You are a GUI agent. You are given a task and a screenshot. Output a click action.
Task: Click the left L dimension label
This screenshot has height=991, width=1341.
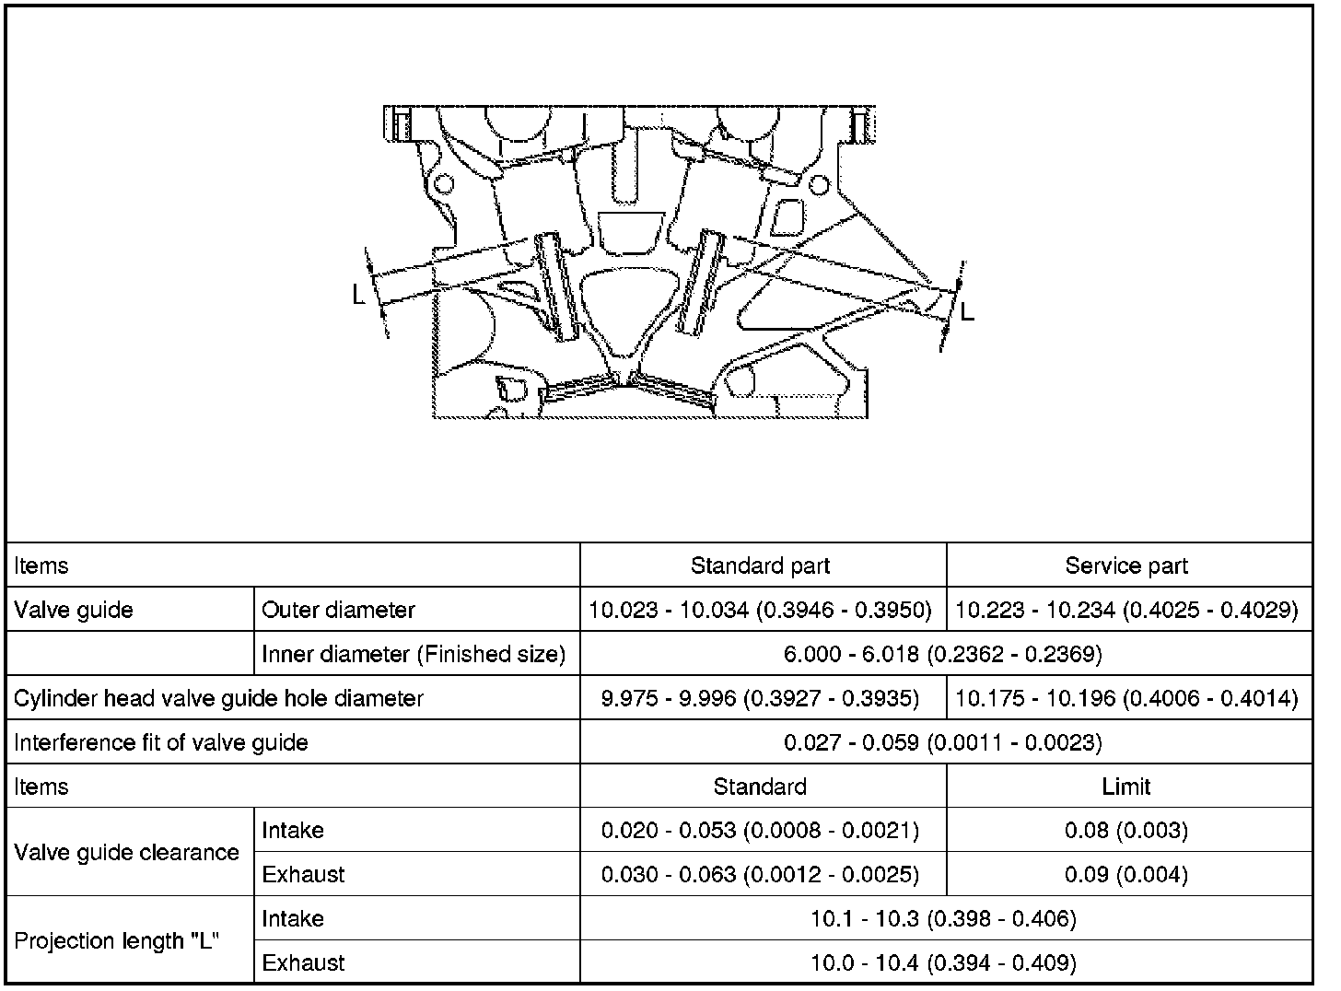[359, 295]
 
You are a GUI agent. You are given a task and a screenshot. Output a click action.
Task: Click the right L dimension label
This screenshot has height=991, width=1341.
[967, 312]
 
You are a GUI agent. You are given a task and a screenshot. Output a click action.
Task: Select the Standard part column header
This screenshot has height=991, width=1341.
[760, 565]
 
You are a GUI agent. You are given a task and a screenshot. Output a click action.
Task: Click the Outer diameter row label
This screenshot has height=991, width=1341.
[338, 610]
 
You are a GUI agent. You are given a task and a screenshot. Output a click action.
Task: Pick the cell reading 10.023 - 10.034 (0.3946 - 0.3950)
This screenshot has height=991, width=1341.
[760, 610]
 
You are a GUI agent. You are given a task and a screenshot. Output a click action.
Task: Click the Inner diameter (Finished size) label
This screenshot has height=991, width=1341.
[414, 654]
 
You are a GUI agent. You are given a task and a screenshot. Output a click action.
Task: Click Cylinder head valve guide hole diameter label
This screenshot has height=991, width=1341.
[218, 698]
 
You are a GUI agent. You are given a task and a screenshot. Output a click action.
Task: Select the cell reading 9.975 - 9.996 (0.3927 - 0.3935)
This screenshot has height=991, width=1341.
[760, 698]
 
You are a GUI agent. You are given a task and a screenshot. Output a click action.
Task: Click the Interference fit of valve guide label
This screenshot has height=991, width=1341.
[160, 742]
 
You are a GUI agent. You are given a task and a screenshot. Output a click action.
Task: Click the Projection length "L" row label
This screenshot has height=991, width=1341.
[117, 941]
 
